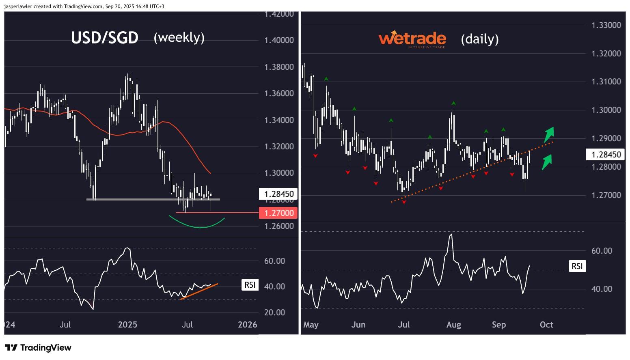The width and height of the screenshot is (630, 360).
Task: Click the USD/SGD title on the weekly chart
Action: point(105,38)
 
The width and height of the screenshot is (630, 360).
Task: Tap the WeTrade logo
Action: point(412,39)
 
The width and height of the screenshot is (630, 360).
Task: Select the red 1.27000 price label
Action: point(278,213)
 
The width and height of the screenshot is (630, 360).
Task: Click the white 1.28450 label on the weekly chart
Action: point(278,194)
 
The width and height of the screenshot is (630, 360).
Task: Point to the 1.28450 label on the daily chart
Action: point(606,154)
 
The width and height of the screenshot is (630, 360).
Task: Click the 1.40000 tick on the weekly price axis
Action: point(279,40)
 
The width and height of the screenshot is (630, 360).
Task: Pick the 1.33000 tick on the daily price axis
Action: point(606,25)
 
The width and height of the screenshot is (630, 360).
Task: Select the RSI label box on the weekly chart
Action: point(250,285)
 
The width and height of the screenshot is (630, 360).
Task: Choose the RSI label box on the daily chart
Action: point(577,266)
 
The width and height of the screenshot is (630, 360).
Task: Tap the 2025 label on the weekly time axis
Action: point(127,325)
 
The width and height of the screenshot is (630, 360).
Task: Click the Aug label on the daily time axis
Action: point(453,325)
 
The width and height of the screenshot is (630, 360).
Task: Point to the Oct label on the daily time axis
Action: point(546,325)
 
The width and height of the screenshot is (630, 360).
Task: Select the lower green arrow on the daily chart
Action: point(547,161)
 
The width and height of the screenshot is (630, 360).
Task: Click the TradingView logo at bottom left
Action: point(38,348)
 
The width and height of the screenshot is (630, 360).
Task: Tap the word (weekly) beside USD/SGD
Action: point(179,37)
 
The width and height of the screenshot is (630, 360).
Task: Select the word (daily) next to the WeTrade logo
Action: point(480,39)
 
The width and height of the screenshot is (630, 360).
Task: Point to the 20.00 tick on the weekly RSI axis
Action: point(275,313)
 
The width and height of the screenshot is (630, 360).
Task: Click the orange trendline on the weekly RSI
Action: point(199,291)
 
